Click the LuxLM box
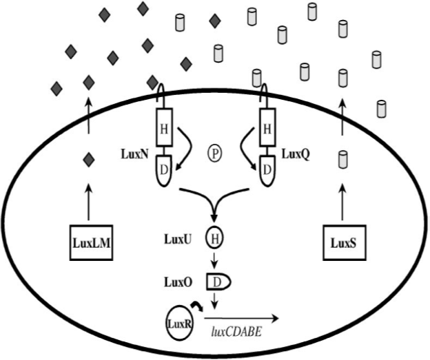point(91,242)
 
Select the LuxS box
point(342,242)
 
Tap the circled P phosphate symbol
point(214,153)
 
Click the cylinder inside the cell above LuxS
point(342,160)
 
